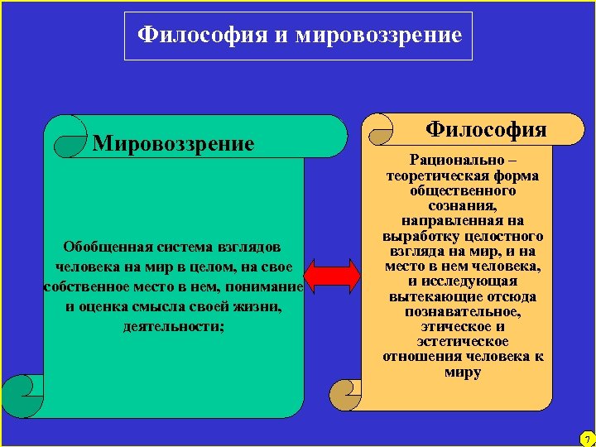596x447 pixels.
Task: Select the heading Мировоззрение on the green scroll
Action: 174,144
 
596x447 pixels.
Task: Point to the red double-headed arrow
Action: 332,275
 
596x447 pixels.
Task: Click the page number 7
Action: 585,438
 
